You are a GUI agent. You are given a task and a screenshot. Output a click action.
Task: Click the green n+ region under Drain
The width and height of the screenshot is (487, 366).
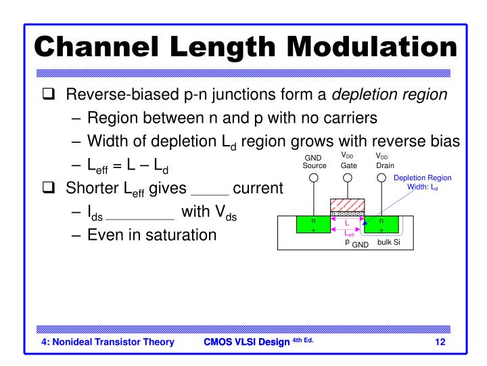pos(382,225)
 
